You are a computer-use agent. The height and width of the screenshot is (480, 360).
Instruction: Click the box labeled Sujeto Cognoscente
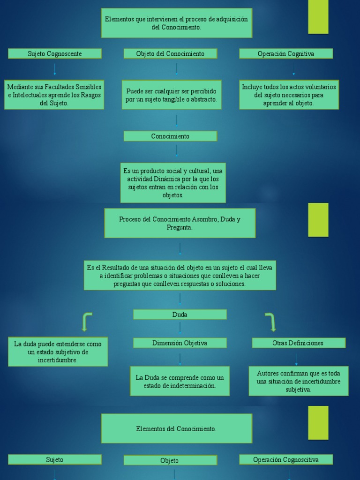pyautogui.click(x=55, y=54)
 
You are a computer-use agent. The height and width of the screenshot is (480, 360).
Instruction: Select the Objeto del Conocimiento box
pyautogui.click(x=170, y=54)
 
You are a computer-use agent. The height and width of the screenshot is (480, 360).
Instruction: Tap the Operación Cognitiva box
pyautogui.click(x=286, y=54)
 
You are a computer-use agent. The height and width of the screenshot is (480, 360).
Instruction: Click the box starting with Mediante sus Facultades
pyautogui.click(x=54, y=95)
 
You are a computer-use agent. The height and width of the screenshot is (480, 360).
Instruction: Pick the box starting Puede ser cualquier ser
pyautogui.click(x=172, y=95)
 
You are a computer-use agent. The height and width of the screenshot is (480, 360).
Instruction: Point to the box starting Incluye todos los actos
pyautogui.click(x=289, y=95)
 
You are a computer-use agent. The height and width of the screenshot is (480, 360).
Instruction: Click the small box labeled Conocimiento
pyautogui.click(x=170, y=136)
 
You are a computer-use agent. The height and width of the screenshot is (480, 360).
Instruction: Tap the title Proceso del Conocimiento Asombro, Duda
pyautogui.click(x=180, y=223)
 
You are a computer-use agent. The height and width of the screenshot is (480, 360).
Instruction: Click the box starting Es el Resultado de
pyautogui.click(x=180, y=275)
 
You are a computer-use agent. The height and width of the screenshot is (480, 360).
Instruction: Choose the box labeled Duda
pyautogui.click(x=180, y=315)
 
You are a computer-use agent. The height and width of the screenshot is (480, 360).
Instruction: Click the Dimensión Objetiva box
pyautogui.click(x=180, y=343)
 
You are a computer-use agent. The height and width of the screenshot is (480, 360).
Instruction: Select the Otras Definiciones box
pyautogui.click(x=299, y=343)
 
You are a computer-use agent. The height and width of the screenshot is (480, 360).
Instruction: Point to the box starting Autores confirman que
pyautogui.click(x=299, y=381)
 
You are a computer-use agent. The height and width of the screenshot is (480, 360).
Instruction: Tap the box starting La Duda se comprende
pyautogui.click(x=180, y=381)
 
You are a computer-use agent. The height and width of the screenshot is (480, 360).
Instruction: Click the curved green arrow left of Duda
pyautogui.click(x=86, y=322)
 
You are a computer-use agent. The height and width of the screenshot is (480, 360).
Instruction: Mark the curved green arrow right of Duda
pyautogui.click(x=270, y=322)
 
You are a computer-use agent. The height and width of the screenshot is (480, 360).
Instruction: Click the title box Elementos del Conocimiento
pyautogui.click(x=177, y=428)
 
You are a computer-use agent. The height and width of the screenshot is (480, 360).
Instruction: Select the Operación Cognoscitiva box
pyautogui.click(x=286, y=460)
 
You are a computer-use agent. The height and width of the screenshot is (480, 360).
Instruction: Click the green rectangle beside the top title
pyautogui.click(x=318, y=17)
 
